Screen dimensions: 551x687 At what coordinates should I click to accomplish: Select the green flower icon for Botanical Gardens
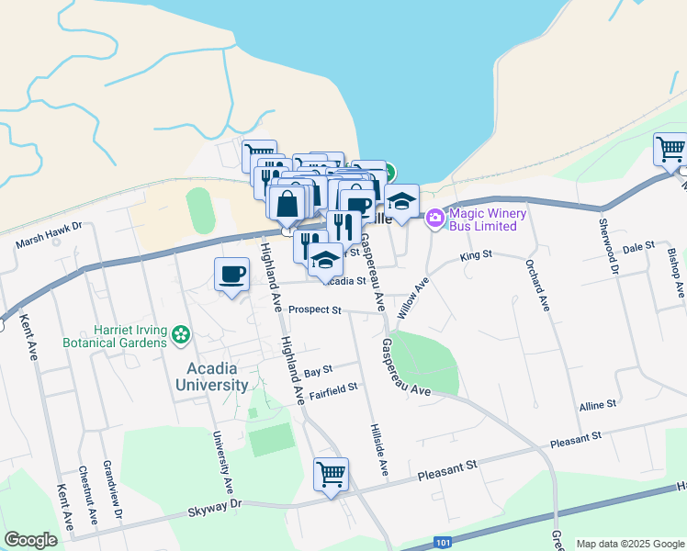(x=182, y=337)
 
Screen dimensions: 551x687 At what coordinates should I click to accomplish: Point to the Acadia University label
(x=212, y=376)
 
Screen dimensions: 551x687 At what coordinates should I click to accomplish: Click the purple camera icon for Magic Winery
(x=435, y=218)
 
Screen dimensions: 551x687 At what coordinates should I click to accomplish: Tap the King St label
(x=476, y=253)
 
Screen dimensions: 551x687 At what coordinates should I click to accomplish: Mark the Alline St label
(x=597, y=404)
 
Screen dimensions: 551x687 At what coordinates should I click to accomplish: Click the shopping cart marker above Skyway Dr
(x=331, y=475)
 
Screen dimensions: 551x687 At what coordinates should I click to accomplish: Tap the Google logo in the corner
(x=30, y=540)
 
